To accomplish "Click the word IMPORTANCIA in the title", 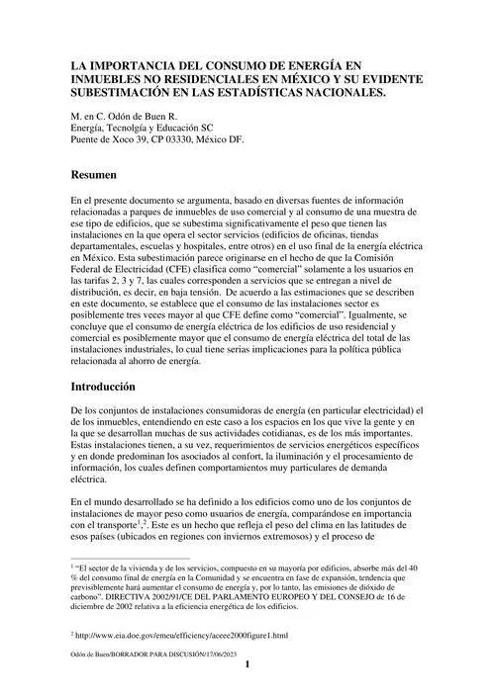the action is [x=123, y=62].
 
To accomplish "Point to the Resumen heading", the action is [x=96, y=175].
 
